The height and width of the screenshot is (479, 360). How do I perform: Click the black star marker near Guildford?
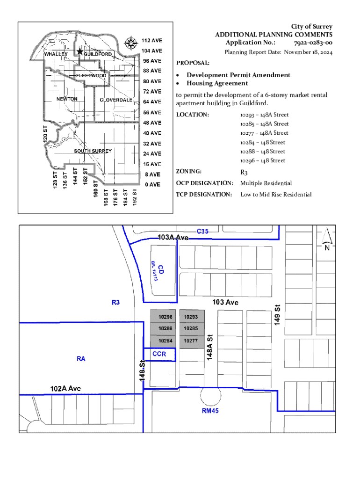click(79, 51)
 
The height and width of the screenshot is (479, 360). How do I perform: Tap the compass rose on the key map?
click(131, 43)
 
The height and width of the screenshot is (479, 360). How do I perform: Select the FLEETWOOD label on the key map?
click(91, 75)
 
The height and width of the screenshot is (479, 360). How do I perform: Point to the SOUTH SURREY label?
click(93, 151)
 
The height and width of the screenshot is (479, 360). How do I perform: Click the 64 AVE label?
click(152, 102)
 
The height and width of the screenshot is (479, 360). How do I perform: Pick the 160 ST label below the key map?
click(95, 189)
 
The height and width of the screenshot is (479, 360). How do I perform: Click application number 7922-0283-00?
click(313, 43)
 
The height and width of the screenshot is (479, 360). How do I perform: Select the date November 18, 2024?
click(308, 52)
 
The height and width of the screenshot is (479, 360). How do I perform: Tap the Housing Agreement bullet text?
click(217, 83)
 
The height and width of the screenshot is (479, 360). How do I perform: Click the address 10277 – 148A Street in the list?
click(264, 133)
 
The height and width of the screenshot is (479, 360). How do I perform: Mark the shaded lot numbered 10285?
click(192, 329)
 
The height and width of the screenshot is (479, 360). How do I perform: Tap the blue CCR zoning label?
click(159, 354)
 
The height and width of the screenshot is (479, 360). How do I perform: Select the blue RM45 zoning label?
click(210, 411)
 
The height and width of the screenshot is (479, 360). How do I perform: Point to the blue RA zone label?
click(81, 359)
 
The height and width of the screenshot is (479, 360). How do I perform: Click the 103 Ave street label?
click(225, 302)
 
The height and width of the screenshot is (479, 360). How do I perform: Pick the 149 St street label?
click(277, 315)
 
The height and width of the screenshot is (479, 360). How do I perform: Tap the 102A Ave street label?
click(65, 388)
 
